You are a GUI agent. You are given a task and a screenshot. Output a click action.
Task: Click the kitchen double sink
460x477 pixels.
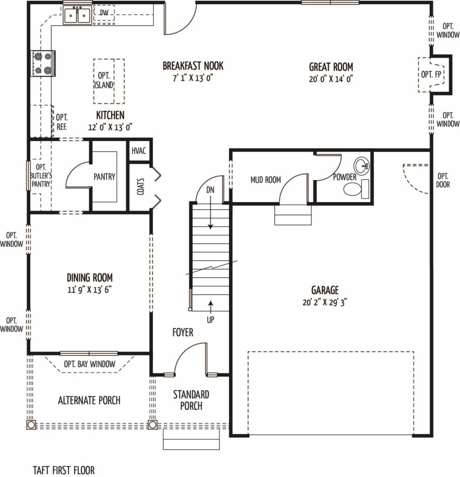point(77,15)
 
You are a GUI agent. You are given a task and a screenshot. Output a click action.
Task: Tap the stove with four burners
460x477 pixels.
point(43,63)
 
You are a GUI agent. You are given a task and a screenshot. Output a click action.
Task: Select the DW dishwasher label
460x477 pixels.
point(104,13)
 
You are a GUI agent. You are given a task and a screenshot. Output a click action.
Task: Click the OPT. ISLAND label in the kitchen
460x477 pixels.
point(104,80)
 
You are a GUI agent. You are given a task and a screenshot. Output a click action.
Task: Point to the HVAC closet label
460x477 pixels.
point(139,151)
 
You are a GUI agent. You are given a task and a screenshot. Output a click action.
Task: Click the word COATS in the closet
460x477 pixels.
point(141,186)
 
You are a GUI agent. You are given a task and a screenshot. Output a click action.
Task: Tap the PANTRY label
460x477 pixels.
point(104,177)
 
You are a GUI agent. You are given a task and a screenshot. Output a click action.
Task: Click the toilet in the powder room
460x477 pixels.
point(356,189)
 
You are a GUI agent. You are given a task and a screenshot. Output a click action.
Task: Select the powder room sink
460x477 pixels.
point(361,165)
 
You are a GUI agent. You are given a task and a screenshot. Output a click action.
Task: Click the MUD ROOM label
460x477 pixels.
point(266,180)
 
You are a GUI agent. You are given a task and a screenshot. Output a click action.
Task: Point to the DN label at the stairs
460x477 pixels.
point(210,190)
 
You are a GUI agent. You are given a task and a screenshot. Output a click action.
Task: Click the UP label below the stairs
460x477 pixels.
point(210,320)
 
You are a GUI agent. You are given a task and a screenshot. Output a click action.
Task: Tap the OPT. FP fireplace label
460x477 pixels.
point(431,74)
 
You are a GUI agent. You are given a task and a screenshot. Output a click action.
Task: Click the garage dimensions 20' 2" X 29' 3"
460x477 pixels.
point(325,302)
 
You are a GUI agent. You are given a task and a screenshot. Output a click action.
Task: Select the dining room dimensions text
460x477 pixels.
point(90,290)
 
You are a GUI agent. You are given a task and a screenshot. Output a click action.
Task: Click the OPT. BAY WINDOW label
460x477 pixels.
point(90,364)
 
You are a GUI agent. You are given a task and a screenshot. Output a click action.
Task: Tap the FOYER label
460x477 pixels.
point(183,332)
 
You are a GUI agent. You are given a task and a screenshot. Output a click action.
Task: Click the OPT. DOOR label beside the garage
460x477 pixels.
point(443,180)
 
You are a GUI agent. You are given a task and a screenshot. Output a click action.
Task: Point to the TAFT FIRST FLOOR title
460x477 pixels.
point(64,470)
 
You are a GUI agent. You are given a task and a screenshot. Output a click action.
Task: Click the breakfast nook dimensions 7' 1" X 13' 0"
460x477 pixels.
point(193,78)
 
